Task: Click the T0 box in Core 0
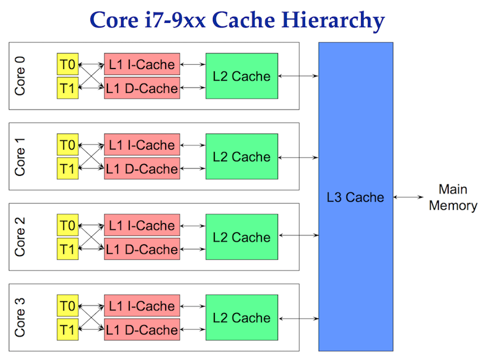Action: point(68,64)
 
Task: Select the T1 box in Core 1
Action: point(68,169)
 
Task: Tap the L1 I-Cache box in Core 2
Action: point(142,225)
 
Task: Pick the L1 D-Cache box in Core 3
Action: point(142,330)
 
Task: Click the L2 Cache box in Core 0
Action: point(242,76)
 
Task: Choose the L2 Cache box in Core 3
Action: point(242,318)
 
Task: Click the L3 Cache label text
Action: point(355,197)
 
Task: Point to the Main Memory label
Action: point(452,197)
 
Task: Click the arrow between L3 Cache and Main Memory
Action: point(409,197)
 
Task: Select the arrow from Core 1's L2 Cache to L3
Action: point(298,157)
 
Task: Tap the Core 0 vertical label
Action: point(20,76)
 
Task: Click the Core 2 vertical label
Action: point(20,237)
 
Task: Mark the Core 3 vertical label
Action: point(20,317)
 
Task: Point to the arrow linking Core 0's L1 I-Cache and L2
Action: point(192,64)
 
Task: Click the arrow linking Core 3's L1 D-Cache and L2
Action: point(192,330)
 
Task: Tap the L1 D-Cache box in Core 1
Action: point(142,169)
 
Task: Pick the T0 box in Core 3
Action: point(68,306)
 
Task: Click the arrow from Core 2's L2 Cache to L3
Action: point(298,236)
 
